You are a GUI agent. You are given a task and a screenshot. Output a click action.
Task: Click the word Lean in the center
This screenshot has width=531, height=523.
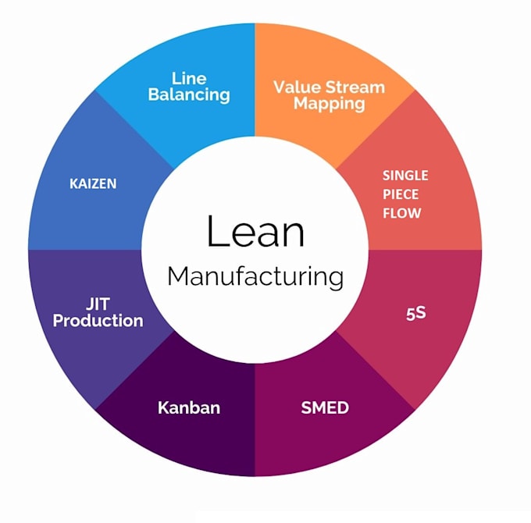pos(255,233)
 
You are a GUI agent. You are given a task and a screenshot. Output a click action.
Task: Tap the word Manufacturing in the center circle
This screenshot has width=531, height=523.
pos(255,276)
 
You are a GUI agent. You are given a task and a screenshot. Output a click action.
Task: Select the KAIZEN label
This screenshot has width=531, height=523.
pos(93,184)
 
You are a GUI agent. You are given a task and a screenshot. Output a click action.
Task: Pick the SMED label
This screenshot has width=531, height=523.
pos(325,407)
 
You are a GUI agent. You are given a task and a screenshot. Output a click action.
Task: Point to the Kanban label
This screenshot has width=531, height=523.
pos(189,407)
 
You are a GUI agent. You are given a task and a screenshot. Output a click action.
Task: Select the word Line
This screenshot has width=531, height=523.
pos(189,79)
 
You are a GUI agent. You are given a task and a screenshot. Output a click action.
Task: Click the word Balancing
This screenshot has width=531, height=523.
pos(189,95)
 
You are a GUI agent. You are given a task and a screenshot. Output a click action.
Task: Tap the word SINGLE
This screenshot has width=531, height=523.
pos(404,176)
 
